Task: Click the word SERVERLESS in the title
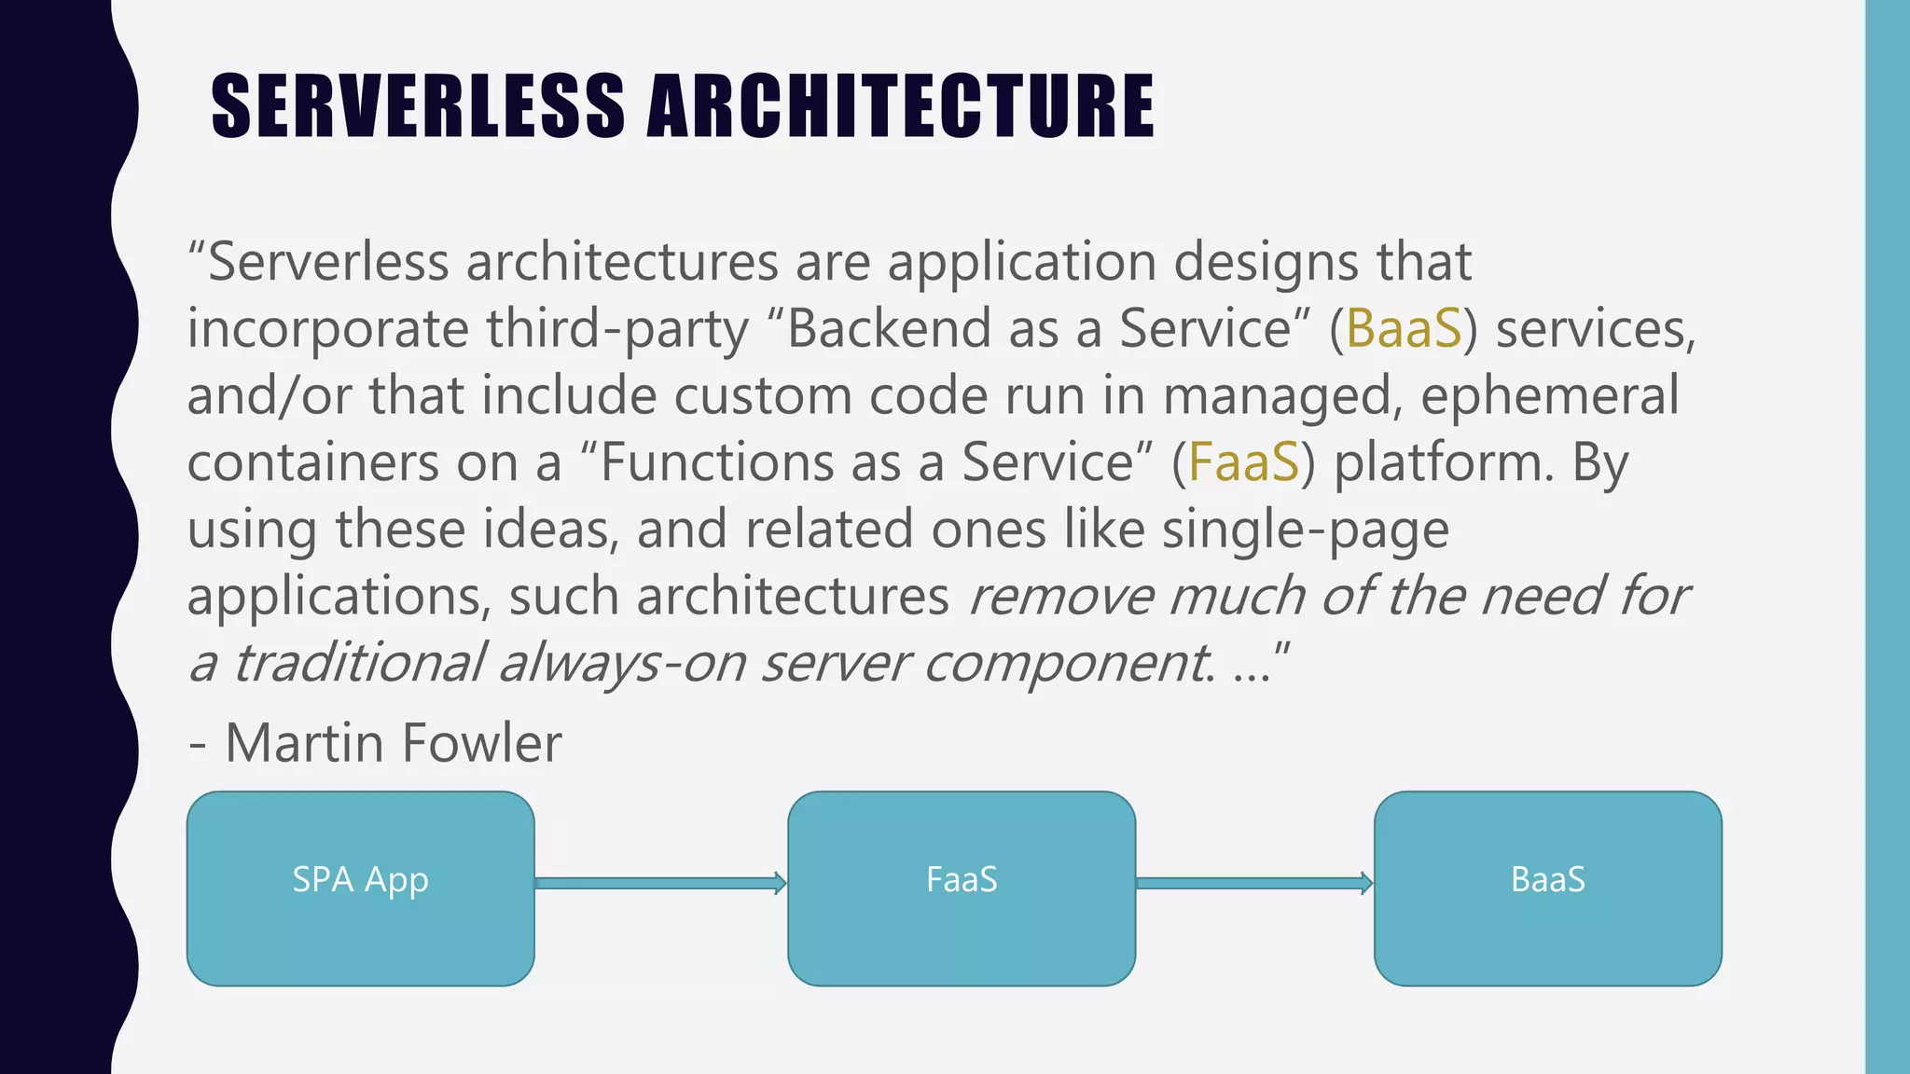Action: click(x=418, y=106)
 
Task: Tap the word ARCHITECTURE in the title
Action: click(x=900, y=106)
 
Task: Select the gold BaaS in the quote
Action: click(x=1404, y=328)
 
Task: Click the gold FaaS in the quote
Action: click(x=1243, y=462)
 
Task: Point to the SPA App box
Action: click(x=360, y=888)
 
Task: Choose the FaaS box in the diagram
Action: click(x=962, y=888)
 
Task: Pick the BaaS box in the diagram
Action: click(x=1547, y=888)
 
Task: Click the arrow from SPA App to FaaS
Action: click(x=660, y=883)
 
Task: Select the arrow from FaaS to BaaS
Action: click(x=1254, y=883)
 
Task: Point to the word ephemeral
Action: click(x=1549, y=395)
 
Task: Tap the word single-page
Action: click(x=1305, y=530)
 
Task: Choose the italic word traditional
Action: click(x=359, y=663)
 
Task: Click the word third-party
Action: click(x=617, y=328)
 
